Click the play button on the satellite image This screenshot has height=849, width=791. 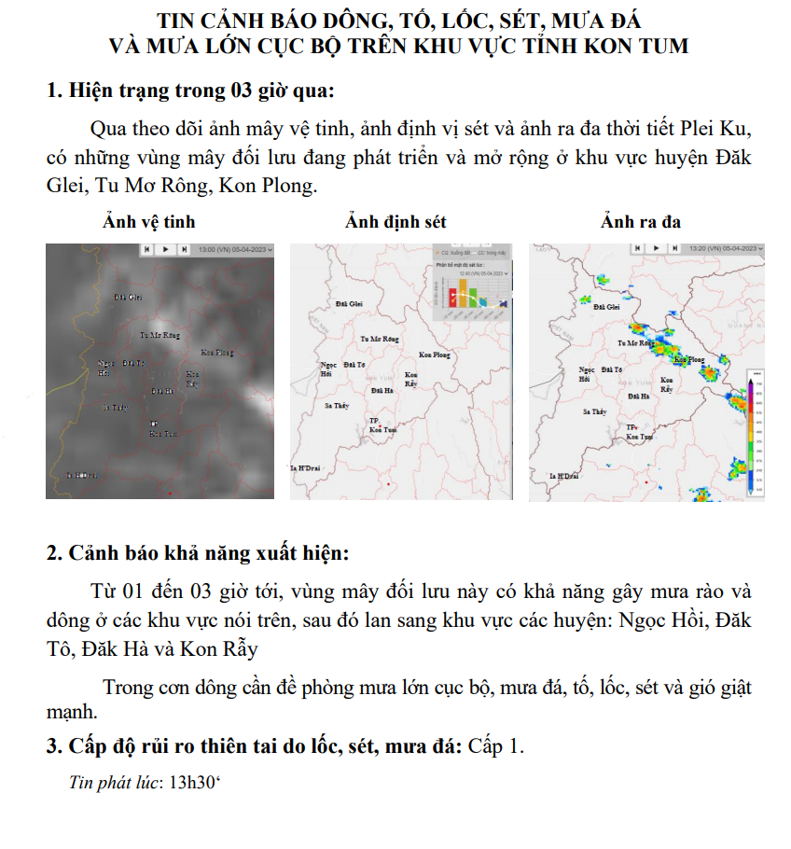164,250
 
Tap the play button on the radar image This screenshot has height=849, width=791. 655,249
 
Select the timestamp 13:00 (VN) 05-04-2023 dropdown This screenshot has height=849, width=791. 235,250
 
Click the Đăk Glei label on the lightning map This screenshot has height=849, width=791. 348,304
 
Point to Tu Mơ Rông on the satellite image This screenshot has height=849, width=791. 159,334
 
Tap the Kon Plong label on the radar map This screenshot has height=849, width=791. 688,359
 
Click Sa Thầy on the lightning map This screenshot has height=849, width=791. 336,406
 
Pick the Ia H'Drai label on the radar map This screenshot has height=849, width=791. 563,476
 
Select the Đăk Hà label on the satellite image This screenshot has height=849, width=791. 162,391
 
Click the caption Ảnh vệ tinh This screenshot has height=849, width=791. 148,222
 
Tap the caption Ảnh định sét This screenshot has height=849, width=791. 395,222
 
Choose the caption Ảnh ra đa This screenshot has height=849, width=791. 641,222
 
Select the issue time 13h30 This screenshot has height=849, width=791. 191,782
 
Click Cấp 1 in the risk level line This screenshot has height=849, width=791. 496,746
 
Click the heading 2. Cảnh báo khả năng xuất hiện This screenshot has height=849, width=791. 198,552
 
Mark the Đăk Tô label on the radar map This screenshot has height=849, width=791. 613,369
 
